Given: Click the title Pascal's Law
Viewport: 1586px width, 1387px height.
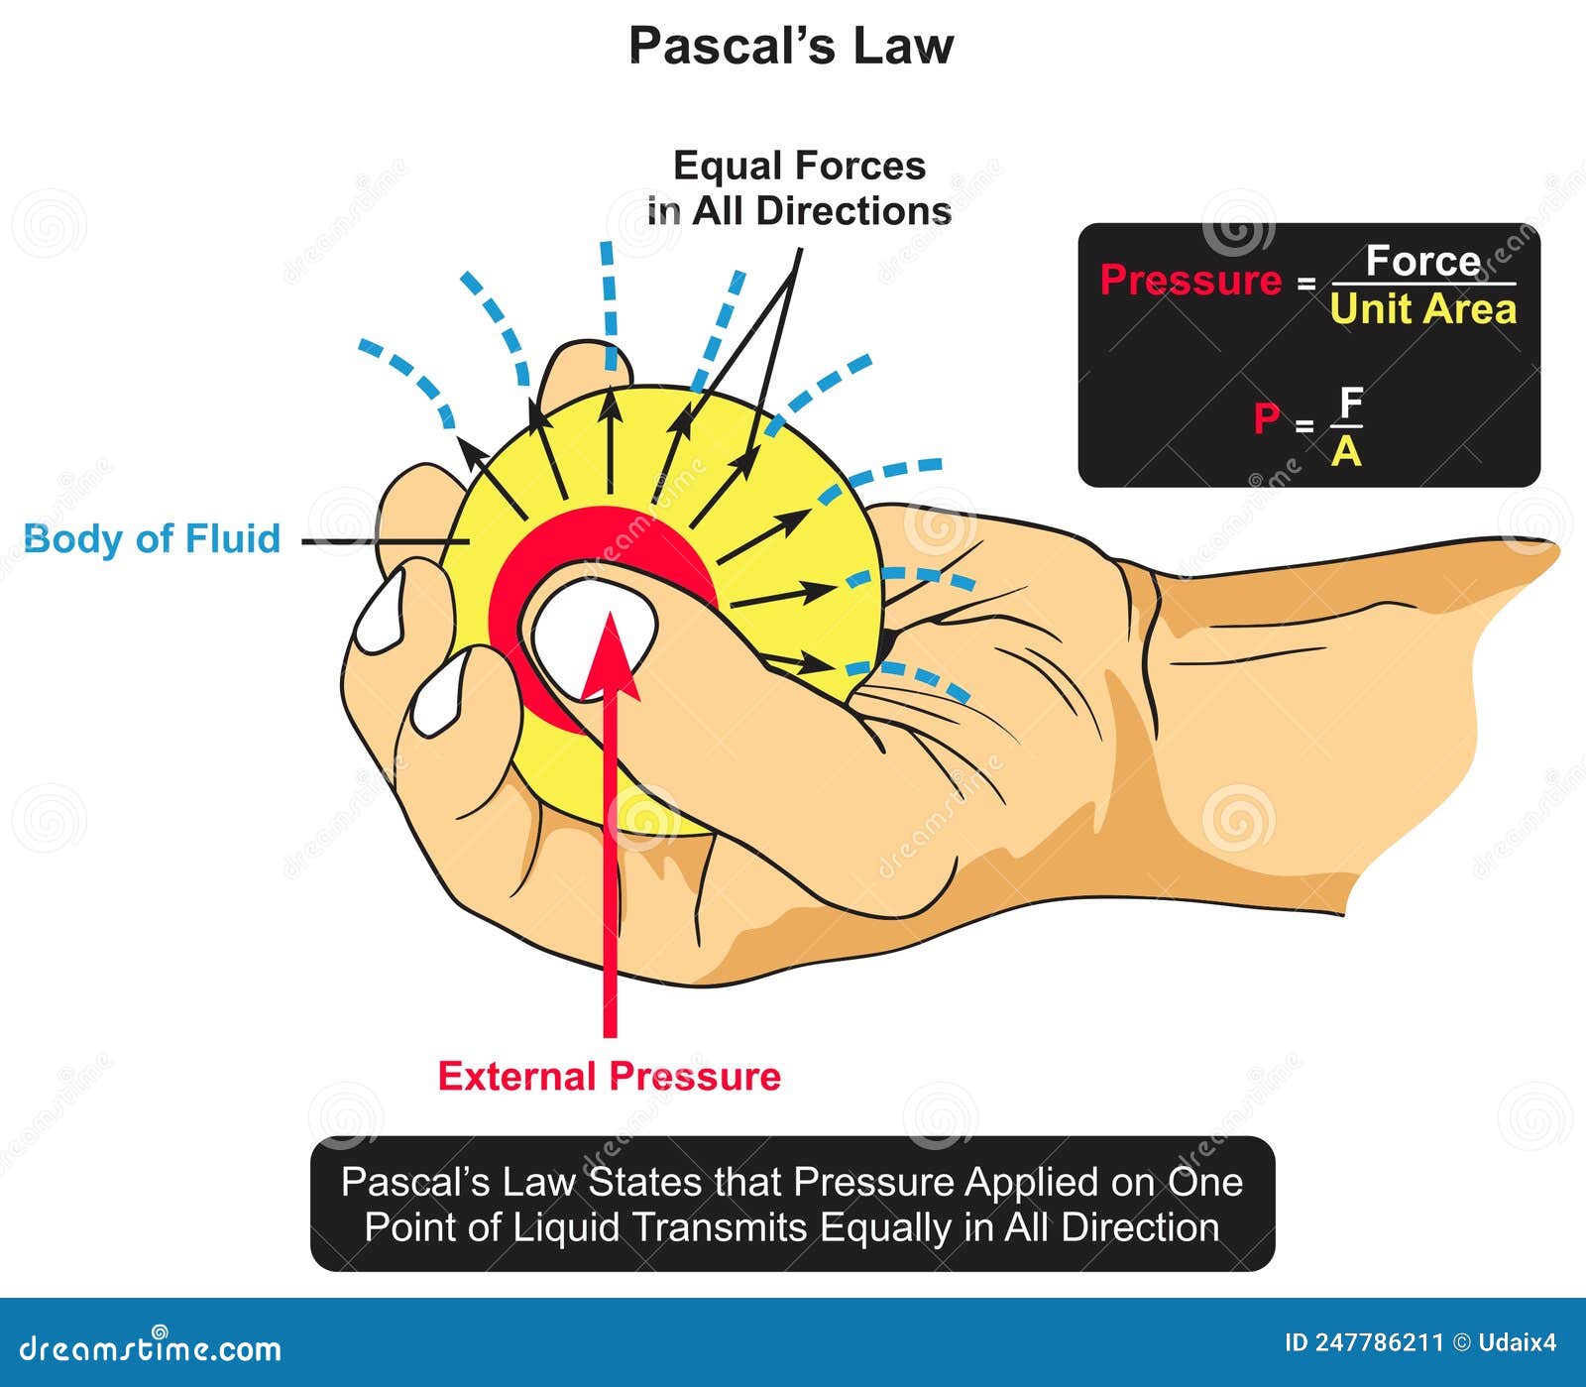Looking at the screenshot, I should [x=791, y=46].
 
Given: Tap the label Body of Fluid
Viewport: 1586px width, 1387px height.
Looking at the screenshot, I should [x=152, y=539].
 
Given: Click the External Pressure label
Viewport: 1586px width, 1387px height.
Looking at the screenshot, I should [x=609, y=1077].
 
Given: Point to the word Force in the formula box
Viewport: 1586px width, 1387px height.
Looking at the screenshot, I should [x=1422, y=262].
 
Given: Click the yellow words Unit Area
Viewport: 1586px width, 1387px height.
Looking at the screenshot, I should [x=1422, y=309].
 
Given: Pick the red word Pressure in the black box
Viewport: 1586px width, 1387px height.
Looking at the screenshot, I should [x=1190, y=281].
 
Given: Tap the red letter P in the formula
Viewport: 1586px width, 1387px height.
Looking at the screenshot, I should [x=1266, y=418].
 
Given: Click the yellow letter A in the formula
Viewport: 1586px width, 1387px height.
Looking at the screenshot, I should [x=1346, y=452].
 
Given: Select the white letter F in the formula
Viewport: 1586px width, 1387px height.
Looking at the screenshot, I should [x=1350, y=403].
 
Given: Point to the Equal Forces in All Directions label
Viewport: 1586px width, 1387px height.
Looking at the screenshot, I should [x=799, y=188].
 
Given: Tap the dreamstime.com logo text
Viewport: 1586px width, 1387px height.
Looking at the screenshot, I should [x=151, y=1348].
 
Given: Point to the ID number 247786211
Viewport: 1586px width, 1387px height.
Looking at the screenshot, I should [x=1378, y=1343].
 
